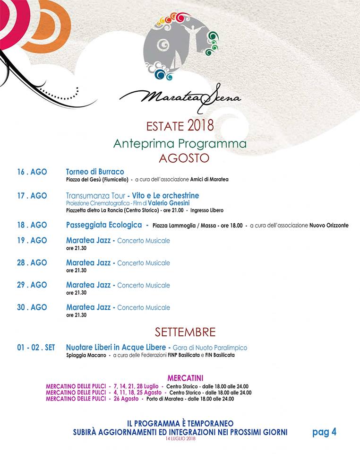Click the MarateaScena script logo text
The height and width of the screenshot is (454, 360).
[x=180, y=97]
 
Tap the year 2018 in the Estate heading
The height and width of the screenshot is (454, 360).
[x=200, y=126]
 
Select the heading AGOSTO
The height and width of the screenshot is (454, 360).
[x=184, y=158]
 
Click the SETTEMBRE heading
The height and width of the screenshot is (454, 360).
[x=185, y=332]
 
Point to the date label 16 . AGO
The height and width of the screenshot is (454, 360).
[x=32, y=172]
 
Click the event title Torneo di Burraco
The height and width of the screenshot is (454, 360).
[x=95, y=172]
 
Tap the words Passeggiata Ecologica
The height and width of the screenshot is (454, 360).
[x=103, y=225]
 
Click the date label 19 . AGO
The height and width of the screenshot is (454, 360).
[x=32, y=240]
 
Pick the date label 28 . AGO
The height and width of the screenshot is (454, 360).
[x=32, y=262]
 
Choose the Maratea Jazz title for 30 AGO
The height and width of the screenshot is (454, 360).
[x=88, y=307]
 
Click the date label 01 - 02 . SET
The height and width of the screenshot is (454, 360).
[x=36, y=348]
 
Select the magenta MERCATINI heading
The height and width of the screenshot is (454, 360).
[x=185, y=378]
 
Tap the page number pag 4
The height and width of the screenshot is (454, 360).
[x=324, y=432]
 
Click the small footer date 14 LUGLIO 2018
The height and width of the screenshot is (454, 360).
[x=180, y=439]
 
